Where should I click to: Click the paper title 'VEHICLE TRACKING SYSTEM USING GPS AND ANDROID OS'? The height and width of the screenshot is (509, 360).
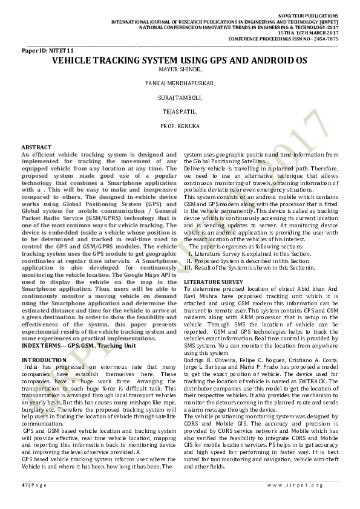(180, 61)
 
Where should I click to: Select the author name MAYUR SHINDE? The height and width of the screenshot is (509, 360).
(180, 70)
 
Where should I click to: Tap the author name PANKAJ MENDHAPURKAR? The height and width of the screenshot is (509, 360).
(180, 83)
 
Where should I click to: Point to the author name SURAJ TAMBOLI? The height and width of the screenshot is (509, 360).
(180, 97)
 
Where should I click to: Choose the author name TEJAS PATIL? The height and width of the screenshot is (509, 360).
(180, 111)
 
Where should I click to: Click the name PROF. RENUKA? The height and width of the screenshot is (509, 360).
(180, 125)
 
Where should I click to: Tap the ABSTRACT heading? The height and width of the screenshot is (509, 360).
(36, 148)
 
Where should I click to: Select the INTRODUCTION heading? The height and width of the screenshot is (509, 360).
(44, 360)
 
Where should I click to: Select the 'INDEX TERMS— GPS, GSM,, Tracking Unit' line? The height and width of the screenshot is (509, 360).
(79, 345)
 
